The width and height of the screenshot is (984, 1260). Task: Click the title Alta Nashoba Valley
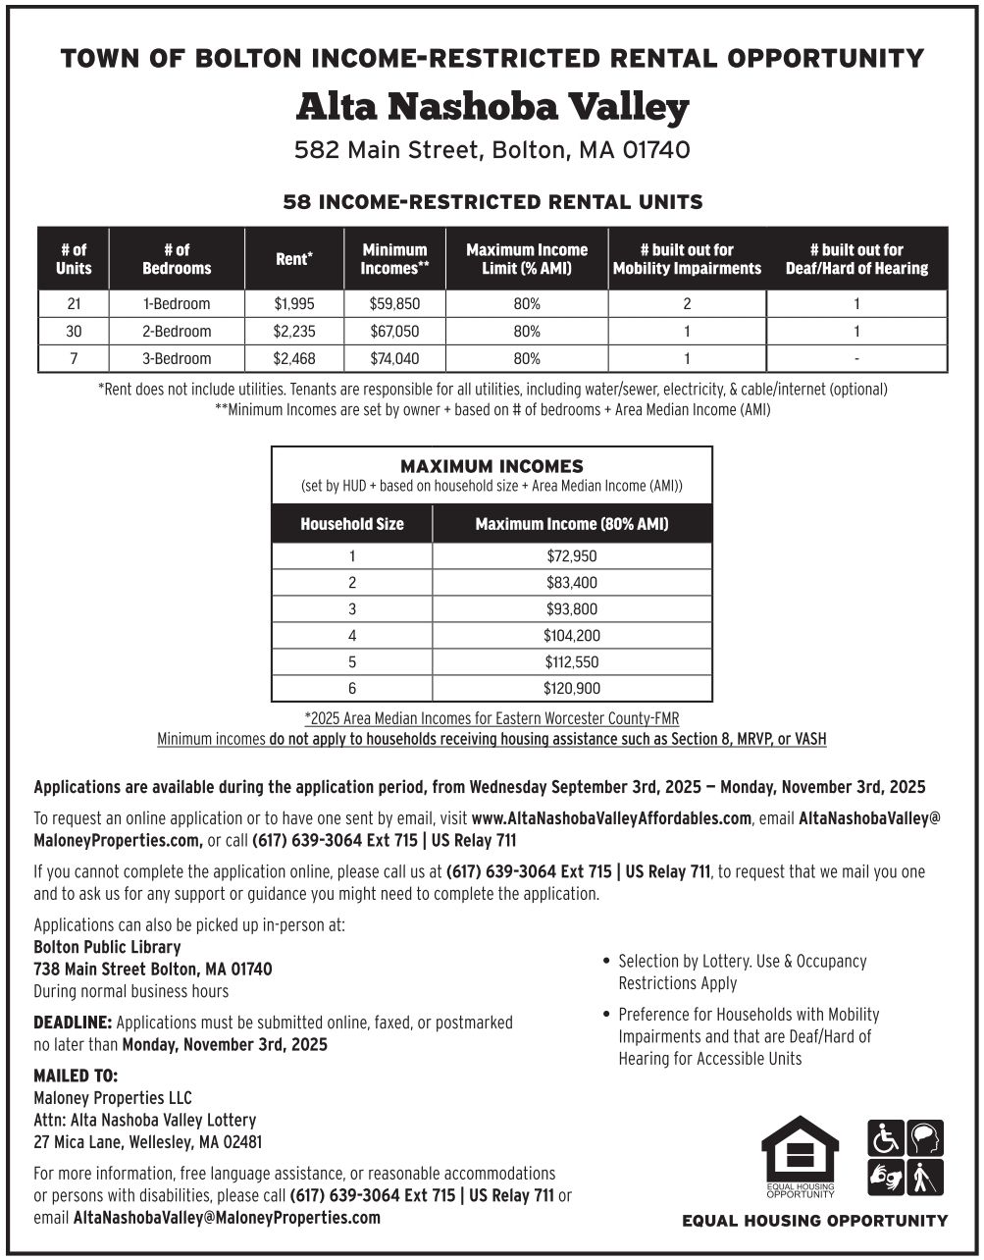(x=492, y=106)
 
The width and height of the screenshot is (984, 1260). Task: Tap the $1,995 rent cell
(x=294, y=304)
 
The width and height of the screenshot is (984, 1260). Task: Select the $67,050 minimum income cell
(x=394, y=332)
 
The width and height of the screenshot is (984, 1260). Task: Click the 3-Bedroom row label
(x=177, y=359)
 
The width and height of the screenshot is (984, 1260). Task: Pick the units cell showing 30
(x=74, y=332)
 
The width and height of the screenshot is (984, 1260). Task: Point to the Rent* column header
(x=294, y=259)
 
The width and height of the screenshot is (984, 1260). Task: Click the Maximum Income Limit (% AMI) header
(x=527, y=259)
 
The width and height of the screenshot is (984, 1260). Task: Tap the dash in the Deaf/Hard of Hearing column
(x=856, y=359)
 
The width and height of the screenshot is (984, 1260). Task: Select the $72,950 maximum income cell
(x=572, y=556)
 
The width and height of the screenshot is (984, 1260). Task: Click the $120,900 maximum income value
(x=572, y=689)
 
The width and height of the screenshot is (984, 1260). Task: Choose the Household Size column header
(x=352, y=524)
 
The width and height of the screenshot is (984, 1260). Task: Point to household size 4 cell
(x=352, y=636)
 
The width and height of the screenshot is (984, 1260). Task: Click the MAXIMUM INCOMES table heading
(x=492, y=466)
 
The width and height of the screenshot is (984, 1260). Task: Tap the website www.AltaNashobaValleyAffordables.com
(x=611, y=818)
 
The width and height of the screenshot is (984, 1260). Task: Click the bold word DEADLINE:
(x=74, y=1023)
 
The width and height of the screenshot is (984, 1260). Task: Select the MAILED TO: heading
(x=76, y=1076)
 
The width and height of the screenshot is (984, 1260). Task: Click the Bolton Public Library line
(x=107, y=947)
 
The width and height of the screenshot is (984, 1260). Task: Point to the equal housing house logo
(x=801, y=1156)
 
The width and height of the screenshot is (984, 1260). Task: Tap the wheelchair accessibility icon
(x=885, y=1138)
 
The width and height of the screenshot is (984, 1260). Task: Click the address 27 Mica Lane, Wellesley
(x=147, y=1142)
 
